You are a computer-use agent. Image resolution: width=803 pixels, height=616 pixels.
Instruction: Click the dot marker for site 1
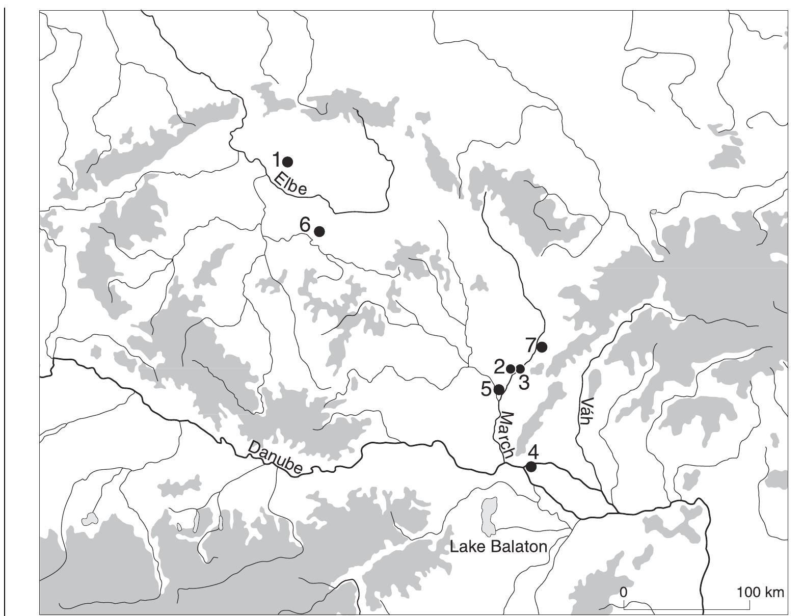(287, 162)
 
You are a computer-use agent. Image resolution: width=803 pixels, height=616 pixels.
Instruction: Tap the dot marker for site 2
(511, 368)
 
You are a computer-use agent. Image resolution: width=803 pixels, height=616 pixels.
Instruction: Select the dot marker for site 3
(520, 368)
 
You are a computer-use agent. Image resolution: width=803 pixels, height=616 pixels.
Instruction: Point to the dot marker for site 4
(531, 466)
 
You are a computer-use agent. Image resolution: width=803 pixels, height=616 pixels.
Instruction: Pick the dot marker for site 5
(499, 390)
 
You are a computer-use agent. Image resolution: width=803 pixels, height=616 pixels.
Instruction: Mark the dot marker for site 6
(319, 231)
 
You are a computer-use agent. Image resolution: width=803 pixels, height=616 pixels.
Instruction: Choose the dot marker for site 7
(542, 347)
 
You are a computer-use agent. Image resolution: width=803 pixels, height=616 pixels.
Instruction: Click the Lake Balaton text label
(498, 547)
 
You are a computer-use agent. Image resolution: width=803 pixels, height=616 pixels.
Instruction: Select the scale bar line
(686, 608)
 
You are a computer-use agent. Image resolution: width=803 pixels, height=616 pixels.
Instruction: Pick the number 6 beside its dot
(305, 224)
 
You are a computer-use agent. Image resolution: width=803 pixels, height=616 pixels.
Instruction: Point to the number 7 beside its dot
(530, 345)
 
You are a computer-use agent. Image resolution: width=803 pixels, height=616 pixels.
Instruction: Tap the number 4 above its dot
(533, 452)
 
